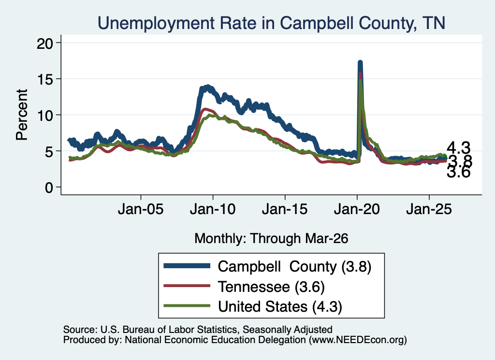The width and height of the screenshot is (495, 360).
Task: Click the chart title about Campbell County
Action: (272, 23)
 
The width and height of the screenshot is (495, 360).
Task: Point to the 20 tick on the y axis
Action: (45, 43)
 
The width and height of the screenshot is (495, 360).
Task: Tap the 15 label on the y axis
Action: (45, 79)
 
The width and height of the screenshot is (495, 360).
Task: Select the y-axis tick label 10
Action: (45, 115)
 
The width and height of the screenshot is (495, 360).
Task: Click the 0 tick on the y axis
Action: (49, 187)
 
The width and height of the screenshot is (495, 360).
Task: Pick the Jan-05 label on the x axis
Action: (141, 209)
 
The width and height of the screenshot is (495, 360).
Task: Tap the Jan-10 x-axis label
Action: (213, 209)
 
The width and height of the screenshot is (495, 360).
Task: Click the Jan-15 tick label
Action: (285, 209)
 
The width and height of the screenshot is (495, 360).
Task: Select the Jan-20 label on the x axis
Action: (357, 209)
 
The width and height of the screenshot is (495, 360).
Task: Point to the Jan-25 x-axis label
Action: (429, 209)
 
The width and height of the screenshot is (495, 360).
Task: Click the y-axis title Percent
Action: (22, 115)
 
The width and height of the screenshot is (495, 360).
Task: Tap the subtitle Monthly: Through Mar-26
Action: (271, 239)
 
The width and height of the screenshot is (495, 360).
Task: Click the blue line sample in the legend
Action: (187, 266)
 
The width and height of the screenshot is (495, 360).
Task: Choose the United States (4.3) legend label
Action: (280, 307)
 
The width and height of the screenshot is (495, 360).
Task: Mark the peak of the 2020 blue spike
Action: (360, 62)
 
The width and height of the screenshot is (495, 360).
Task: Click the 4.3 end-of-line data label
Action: (459, 148)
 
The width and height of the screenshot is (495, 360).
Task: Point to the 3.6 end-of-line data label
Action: (459, 173)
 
